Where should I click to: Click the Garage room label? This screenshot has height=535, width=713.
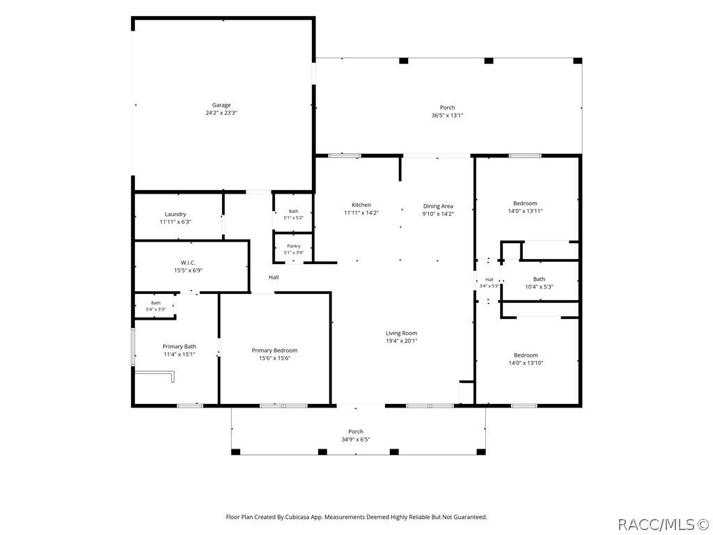(x=221, y=105)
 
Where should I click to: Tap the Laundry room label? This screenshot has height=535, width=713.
(x=175, y=215)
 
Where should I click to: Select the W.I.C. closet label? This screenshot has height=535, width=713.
(x=188, y=263)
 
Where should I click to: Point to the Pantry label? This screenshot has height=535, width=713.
(x=294, y=246)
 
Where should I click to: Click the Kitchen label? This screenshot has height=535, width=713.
(x=361, y=206)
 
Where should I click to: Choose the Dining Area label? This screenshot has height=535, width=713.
(x=438, y=206)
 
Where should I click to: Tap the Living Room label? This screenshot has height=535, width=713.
(x=402, y=333)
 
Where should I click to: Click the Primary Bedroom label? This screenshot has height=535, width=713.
(x=274, y=350)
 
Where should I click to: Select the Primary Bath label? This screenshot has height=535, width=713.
(x=179, y=347)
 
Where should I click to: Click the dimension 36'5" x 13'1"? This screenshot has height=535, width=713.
(x=448, y=116)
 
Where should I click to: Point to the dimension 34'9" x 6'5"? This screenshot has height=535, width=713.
(x=356, y=440)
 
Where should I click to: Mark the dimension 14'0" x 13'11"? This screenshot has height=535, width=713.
(x=525, y=211)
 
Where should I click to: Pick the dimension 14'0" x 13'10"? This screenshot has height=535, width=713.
(x=526, y=363)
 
